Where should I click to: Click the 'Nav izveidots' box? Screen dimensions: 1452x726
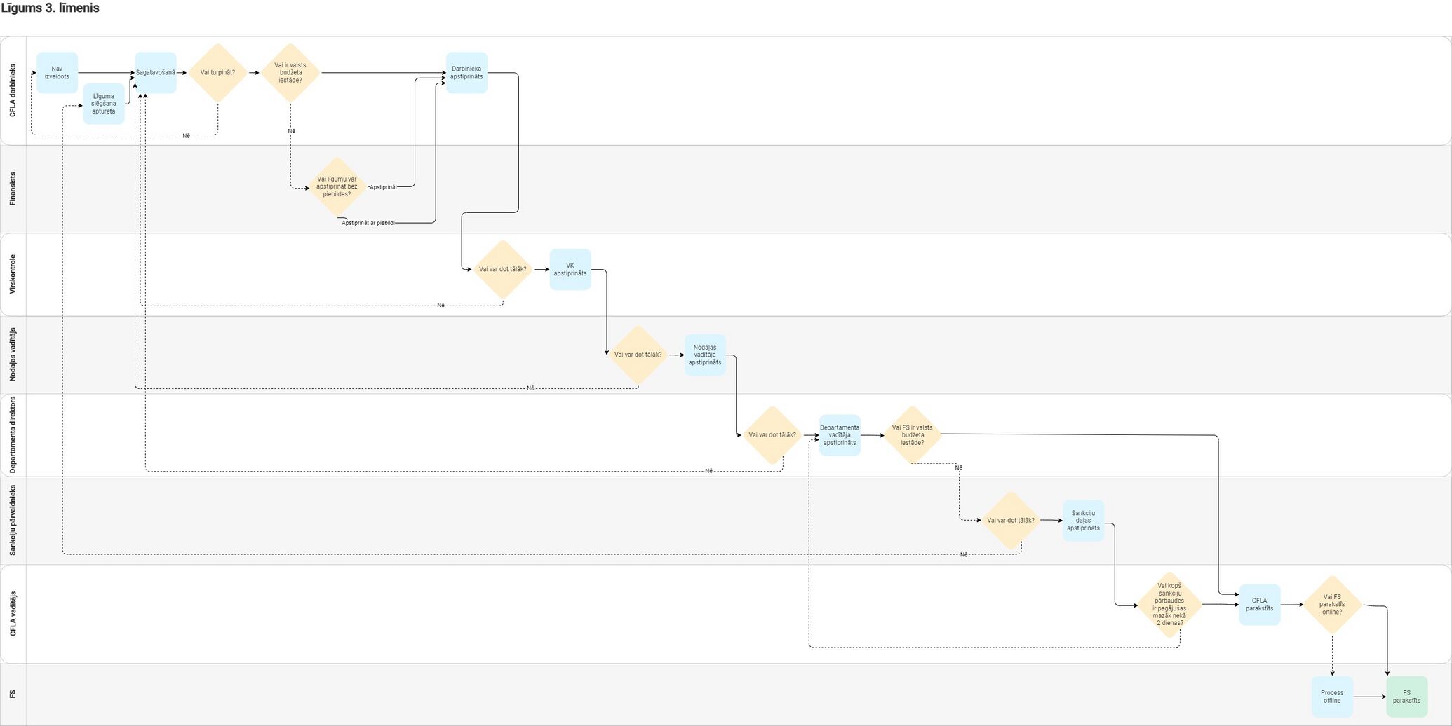point(57,73)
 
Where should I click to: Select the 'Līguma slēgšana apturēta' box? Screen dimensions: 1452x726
point(104,104)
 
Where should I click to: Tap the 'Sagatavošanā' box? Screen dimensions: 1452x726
point(156,73)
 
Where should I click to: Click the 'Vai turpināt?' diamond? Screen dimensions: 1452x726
point(218,73)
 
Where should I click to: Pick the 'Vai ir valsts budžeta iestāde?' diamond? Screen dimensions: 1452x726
point(290,73)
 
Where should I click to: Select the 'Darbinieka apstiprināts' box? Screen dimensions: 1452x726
point(466,73)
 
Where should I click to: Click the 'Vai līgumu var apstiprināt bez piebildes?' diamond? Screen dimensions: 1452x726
point(337,187)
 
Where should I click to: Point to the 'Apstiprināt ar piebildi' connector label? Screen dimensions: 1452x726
point(368,223)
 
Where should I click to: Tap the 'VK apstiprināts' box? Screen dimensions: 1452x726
point(570,270)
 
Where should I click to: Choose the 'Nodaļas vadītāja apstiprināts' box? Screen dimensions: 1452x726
point(705,355)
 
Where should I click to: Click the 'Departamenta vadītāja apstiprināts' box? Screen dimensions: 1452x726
point(840,435)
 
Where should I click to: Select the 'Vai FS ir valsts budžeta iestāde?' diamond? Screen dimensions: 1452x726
point(913,435)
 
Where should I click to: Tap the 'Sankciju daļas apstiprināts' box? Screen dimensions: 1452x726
point(1084,521)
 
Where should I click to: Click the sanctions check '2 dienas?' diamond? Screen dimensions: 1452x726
point(1169,605)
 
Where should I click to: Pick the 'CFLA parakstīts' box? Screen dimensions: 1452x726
point(1260,605)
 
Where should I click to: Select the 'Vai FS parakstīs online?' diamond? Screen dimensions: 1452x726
point(1332,605)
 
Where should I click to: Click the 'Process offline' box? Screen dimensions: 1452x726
point(1332,697)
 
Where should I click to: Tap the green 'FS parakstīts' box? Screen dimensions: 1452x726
point(1407,697)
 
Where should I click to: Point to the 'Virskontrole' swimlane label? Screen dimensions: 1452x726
point(13,274)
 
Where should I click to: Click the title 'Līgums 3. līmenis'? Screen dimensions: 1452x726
point(51,8)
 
